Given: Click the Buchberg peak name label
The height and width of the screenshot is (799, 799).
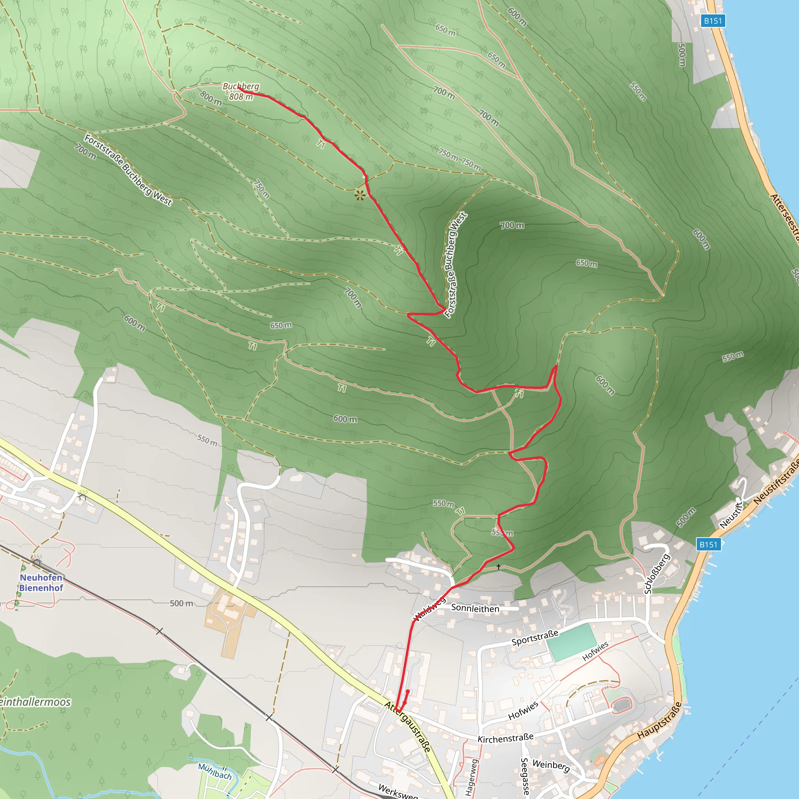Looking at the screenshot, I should tap(241, 87).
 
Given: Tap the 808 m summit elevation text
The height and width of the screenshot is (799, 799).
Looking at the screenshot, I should tap(241, 97).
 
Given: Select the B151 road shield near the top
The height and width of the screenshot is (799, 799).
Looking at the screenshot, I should tap(713, 21).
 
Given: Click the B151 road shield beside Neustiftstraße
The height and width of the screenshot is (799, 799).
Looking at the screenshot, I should tap(708, 544).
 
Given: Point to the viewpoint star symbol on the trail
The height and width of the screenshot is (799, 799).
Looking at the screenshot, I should tap(360, 195).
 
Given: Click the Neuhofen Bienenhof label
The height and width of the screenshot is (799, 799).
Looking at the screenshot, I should tap(41, 582).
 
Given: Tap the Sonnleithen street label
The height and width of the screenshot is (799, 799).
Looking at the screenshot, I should tap(475, 608).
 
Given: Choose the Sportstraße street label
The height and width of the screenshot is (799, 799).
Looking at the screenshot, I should tap(535, 638).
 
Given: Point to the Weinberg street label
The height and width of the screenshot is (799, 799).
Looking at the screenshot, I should tap(551, 765).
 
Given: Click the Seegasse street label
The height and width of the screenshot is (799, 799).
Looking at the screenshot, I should tap(524, 776).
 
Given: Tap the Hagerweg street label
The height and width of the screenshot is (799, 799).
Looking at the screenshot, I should tap(471, 778).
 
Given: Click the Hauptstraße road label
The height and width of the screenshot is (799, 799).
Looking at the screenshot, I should tap(659, 721).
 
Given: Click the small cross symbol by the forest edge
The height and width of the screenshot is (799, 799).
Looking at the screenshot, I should tap(499, 566).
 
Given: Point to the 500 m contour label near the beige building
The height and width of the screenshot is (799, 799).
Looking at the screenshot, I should tap(181, 604).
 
